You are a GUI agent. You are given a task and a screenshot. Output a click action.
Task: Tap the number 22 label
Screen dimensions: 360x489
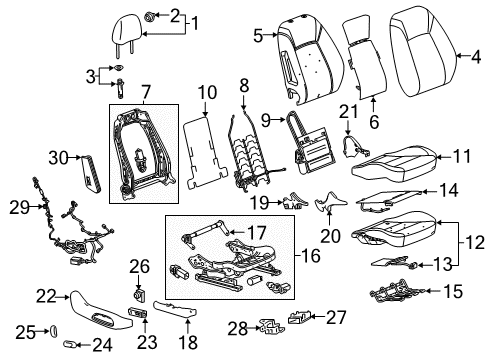coord(42,294)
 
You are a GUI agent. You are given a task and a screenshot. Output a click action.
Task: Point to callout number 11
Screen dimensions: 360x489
coord(460,156)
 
